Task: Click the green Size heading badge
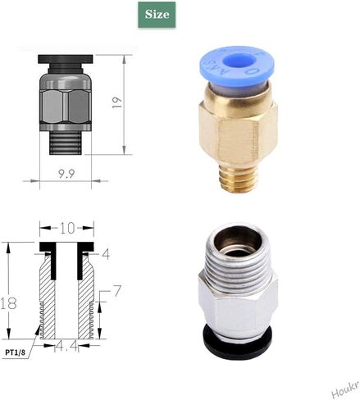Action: point(158,15)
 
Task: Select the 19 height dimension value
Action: point(139,102)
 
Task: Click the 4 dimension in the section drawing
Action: point(106,254)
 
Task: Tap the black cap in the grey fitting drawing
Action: point(62,62)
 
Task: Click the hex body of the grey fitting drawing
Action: point(63,102)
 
